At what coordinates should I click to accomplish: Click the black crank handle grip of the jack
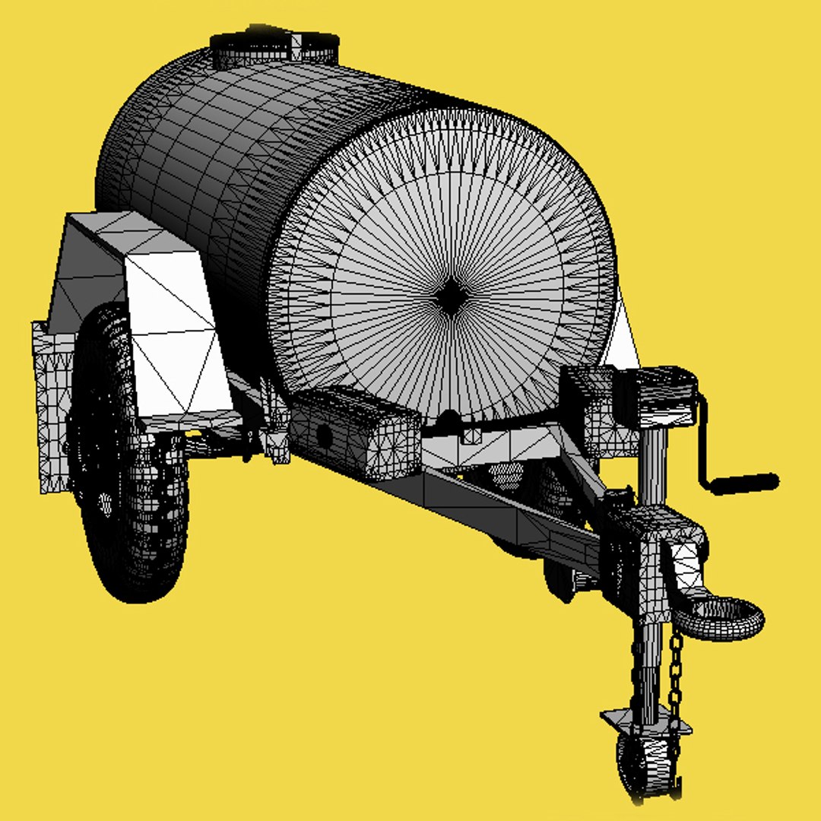pyautogui.click(x=745, y=482)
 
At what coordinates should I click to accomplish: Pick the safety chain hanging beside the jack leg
pyautogui.click(x=675, y=684)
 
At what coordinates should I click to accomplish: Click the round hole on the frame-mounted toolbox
pyautogui.click(x=324, y=436)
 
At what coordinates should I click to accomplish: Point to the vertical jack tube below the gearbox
pyautogui.click(x=652, y=464)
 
